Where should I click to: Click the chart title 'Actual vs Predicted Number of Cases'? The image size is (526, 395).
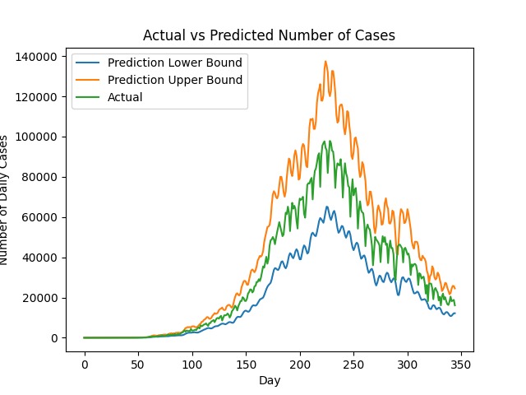tap(269, 35)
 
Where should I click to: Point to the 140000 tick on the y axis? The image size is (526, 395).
tap(38, 56)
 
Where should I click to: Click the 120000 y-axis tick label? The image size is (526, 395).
tap(38, 96)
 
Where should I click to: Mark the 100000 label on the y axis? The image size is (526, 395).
tap(38, 137)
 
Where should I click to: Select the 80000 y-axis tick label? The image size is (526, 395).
tap(41, 177)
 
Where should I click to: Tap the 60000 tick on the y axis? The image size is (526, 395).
tap(41, 217)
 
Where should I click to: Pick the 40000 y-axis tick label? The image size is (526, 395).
tap(41, 258)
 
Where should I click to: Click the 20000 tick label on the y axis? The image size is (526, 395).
tap(41, 298)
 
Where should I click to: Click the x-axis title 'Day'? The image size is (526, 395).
tap(269, 381)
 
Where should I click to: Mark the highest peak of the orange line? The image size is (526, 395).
tap(325, 61)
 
